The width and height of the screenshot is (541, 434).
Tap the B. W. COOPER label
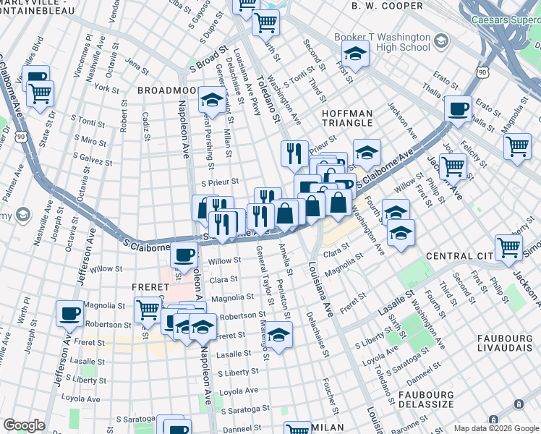pyautogui.click(x=387, y=6)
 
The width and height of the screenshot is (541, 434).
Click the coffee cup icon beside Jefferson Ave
pyautogui.click(x=70, y=313)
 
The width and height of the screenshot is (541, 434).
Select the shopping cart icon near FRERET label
pyautogui.click(x=148, y=310)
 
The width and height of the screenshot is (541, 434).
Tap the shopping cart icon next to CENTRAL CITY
pyautogui.click(x=508, y=247)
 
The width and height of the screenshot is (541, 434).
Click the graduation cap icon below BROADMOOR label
pyautogui.click(x=210, y=99)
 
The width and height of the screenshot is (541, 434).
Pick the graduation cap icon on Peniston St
pyautogui.click(x=278, y=334)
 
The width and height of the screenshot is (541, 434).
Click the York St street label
pyautogui.click(x=106, y=88)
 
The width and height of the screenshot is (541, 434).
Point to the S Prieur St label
pyautogui.click(x=220, y=183)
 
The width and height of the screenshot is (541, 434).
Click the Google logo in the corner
pyautogui.click(x=24, y=425)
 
